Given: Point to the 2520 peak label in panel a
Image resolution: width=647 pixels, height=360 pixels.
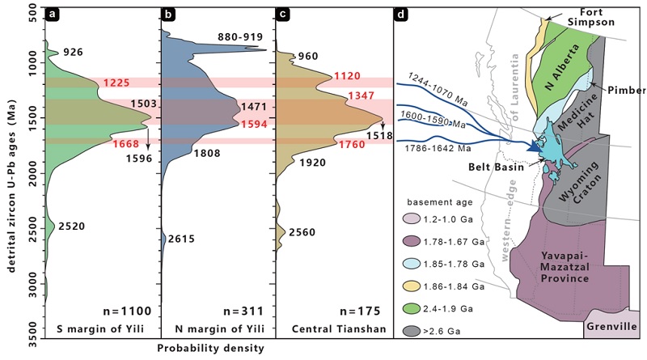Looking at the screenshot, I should (71, 226).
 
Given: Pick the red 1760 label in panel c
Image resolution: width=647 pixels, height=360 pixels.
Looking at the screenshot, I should (354, 146).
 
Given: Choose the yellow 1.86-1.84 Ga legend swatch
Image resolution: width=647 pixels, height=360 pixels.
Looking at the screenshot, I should (425, 286).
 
